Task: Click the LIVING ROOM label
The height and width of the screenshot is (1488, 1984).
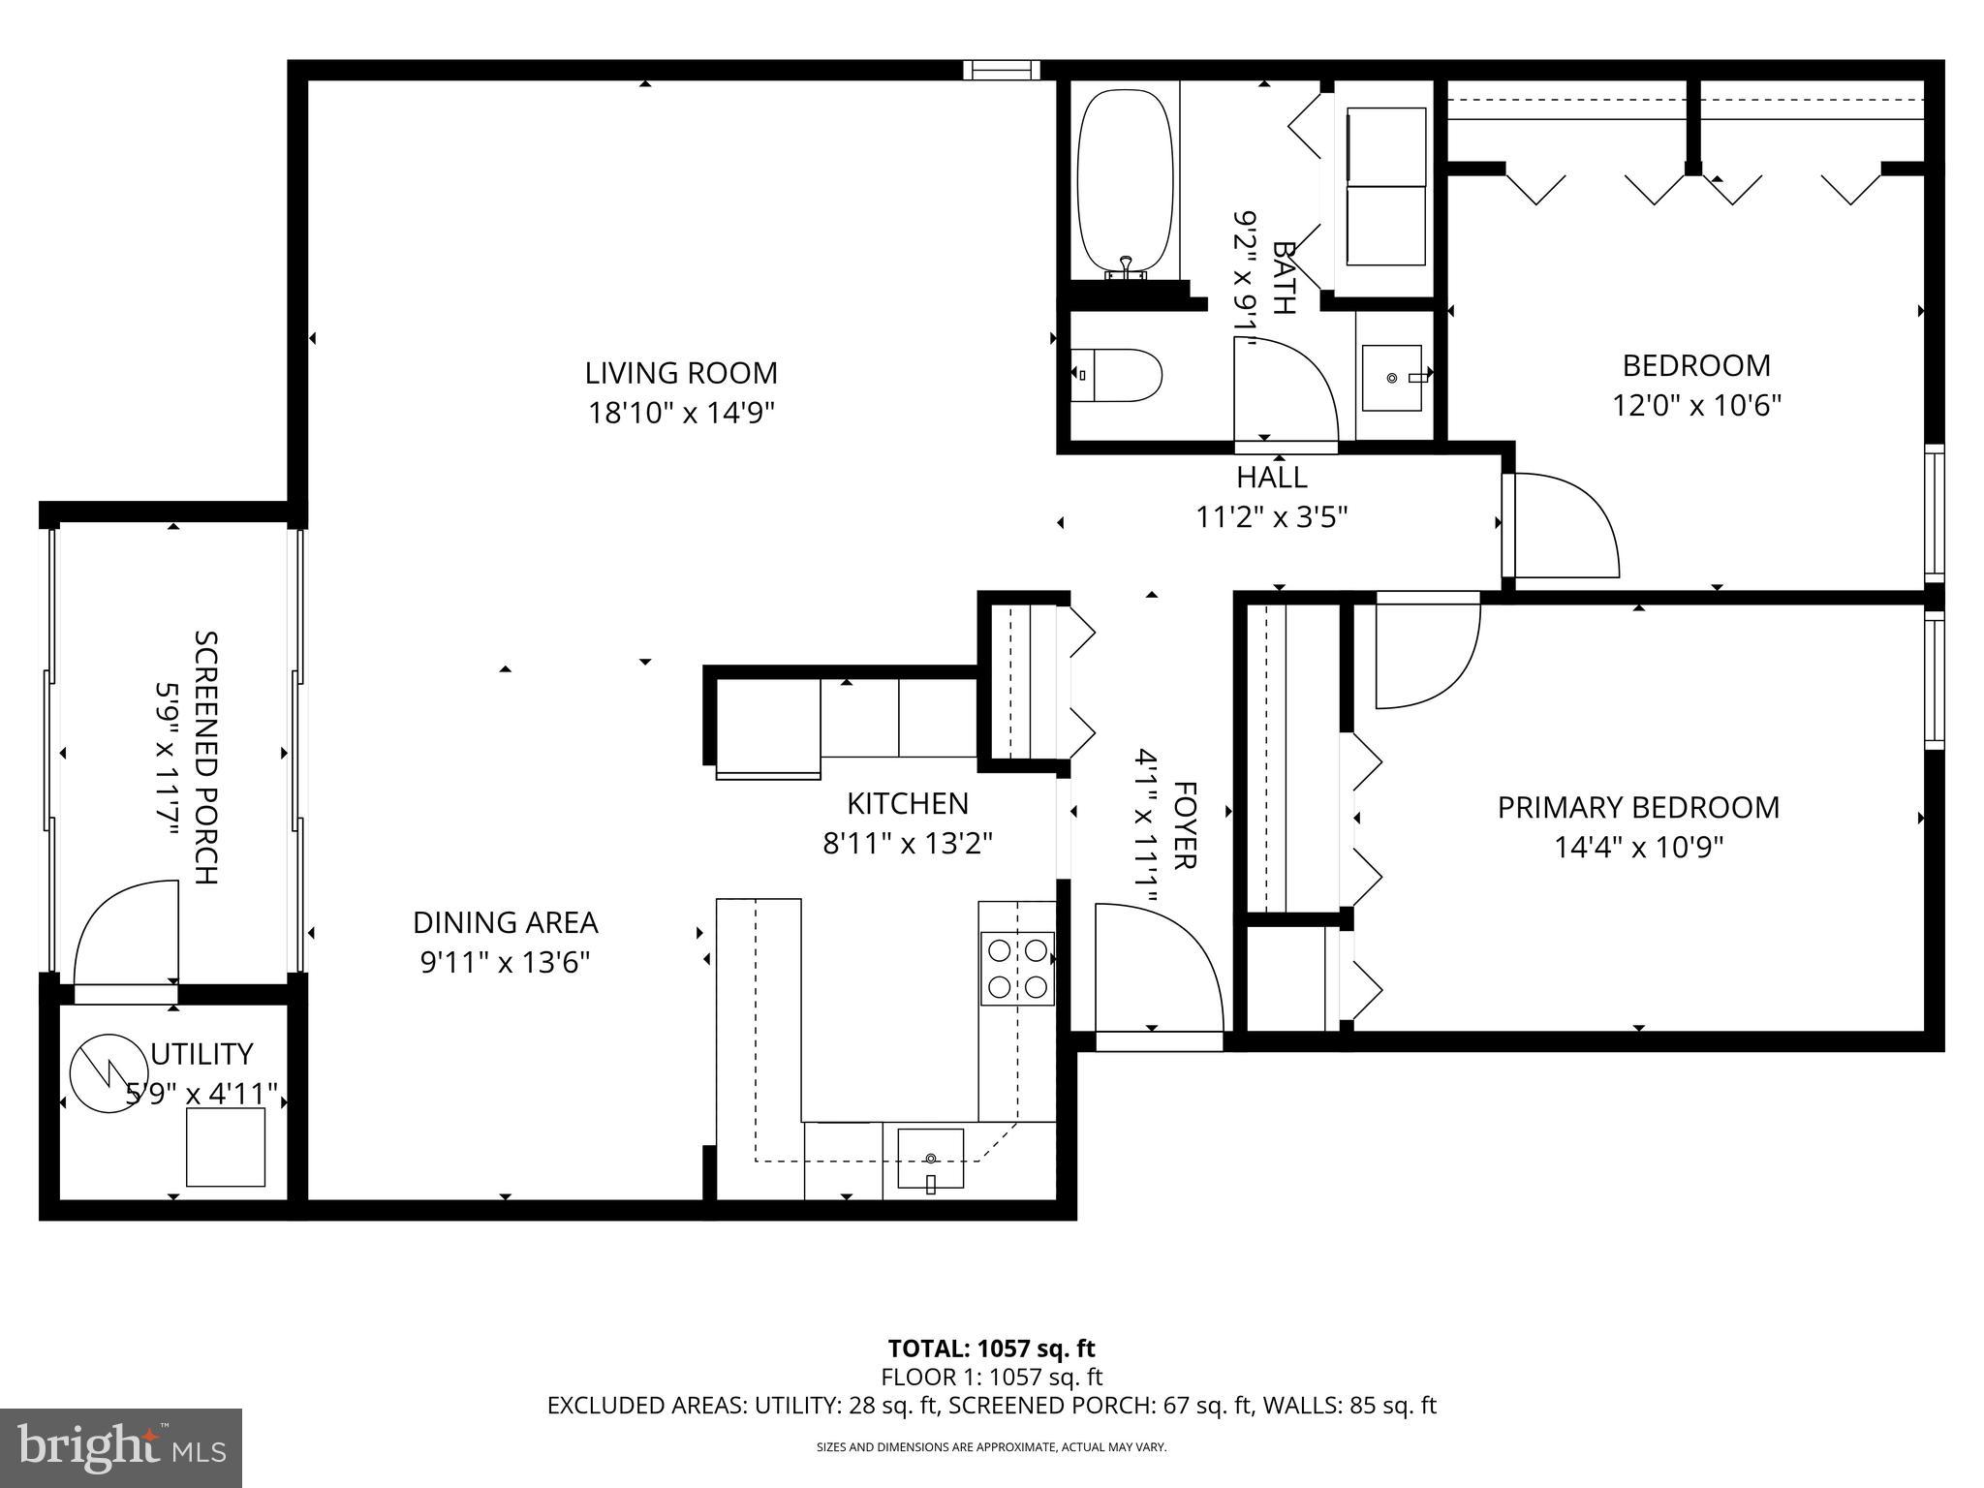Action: [x=681, y=373]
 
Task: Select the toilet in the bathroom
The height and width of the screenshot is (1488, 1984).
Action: [x=1117, y=376]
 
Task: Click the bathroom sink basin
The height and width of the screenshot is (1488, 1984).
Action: [x=1392, y=378]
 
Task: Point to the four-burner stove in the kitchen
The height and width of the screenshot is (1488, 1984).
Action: [x=1017, y=968]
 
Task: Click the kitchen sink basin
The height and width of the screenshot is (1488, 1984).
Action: [x=930, y=1158]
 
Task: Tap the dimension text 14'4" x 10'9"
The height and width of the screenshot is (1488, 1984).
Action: [x=1638, y=849]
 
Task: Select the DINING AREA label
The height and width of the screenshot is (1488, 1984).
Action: [x=505, y=922]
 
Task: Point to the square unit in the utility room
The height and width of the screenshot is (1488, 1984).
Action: [x=226, y=1147]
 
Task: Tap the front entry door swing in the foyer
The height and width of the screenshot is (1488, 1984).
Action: [x=1158, y=969]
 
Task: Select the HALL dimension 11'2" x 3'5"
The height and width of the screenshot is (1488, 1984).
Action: [x=1271, y=518]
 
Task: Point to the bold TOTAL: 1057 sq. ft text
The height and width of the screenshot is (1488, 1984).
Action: [x=991, y=1348]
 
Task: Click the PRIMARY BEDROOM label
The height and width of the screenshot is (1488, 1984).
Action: [x=1638, y=808]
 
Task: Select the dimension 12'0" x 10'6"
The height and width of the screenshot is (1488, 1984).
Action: [x=1696, y=405]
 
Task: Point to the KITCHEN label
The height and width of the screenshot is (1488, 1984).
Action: [x=907, y=803]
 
